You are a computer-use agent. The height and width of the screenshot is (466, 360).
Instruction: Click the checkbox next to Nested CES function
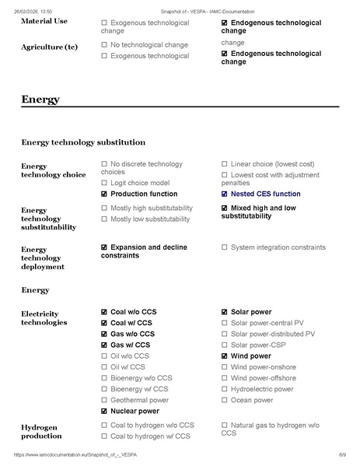225,194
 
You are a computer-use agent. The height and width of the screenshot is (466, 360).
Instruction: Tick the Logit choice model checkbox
104,182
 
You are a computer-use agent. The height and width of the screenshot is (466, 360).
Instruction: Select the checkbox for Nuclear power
104,411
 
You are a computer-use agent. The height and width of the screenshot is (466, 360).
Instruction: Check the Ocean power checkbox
225,400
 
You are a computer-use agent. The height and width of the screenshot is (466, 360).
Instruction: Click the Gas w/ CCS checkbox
104,345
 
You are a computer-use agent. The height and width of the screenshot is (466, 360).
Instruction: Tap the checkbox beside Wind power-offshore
225,378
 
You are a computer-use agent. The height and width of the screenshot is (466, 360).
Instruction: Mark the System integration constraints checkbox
225,247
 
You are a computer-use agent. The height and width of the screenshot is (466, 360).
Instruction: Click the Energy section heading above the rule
40,100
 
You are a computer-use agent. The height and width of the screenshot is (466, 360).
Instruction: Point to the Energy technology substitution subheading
83,142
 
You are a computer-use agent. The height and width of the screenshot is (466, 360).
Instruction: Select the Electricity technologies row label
44,317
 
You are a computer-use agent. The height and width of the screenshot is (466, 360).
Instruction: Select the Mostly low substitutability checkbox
104,219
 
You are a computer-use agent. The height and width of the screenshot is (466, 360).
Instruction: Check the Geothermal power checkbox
104,400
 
